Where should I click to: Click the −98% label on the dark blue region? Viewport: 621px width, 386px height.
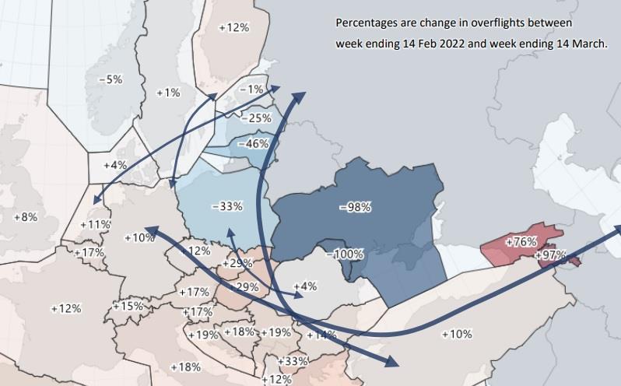[x=356, y=207]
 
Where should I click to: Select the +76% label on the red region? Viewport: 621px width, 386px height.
[x=521, y=242]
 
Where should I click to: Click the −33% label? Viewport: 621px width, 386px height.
[x=226, y=207]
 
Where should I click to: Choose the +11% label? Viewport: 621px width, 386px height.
[x=99, y=224]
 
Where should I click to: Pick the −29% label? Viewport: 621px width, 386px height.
[x=247, y=287]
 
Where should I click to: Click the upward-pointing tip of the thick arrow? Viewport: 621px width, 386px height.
[x=298, y=94]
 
